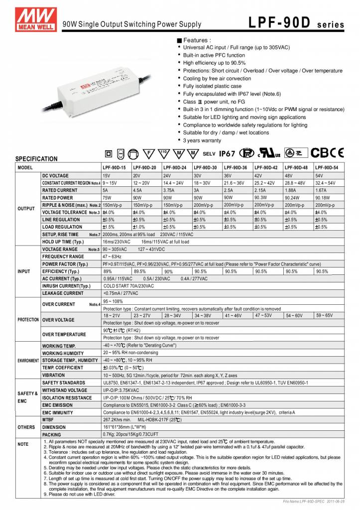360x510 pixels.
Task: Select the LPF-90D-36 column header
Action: click(238, 168)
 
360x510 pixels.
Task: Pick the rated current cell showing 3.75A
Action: click(171, 190)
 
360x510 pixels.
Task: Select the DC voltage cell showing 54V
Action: click(319, 176)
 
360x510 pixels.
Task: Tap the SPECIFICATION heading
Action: click(36, 159)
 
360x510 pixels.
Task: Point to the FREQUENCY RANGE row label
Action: click(63, 256)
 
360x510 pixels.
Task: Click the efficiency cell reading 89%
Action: click(107, 271)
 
